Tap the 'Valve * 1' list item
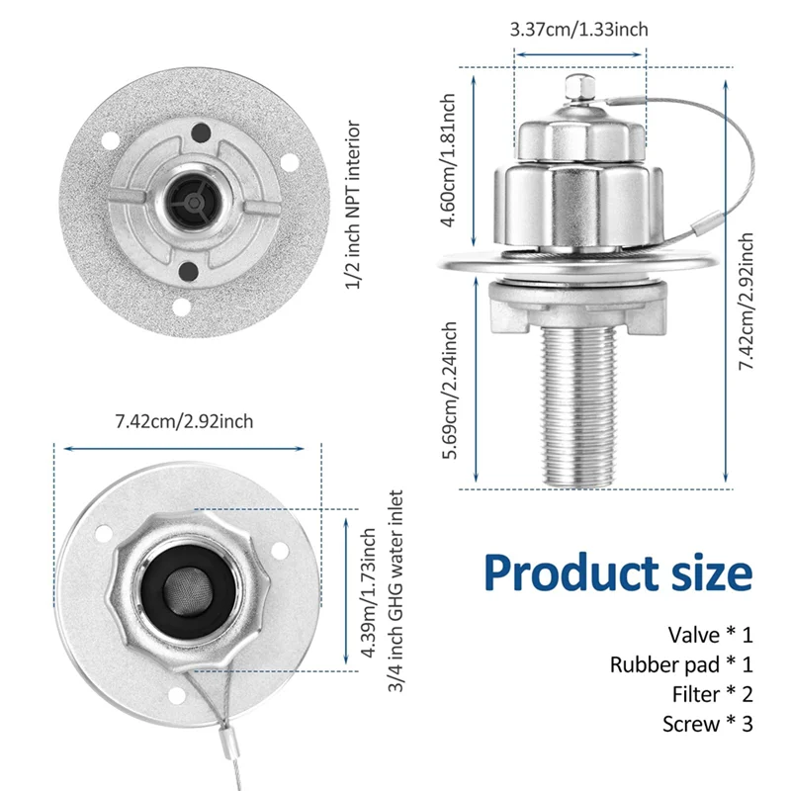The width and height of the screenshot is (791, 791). click(x=710, y=634)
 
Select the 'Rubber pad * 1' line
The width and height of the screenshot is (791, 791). click(x=681, y=664)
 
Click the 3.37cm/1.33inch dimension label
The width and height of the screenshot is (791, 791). click(x=578, y=30)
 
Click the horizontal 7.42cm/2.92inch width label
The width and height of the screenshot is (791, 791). click(x=184, y=421)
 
